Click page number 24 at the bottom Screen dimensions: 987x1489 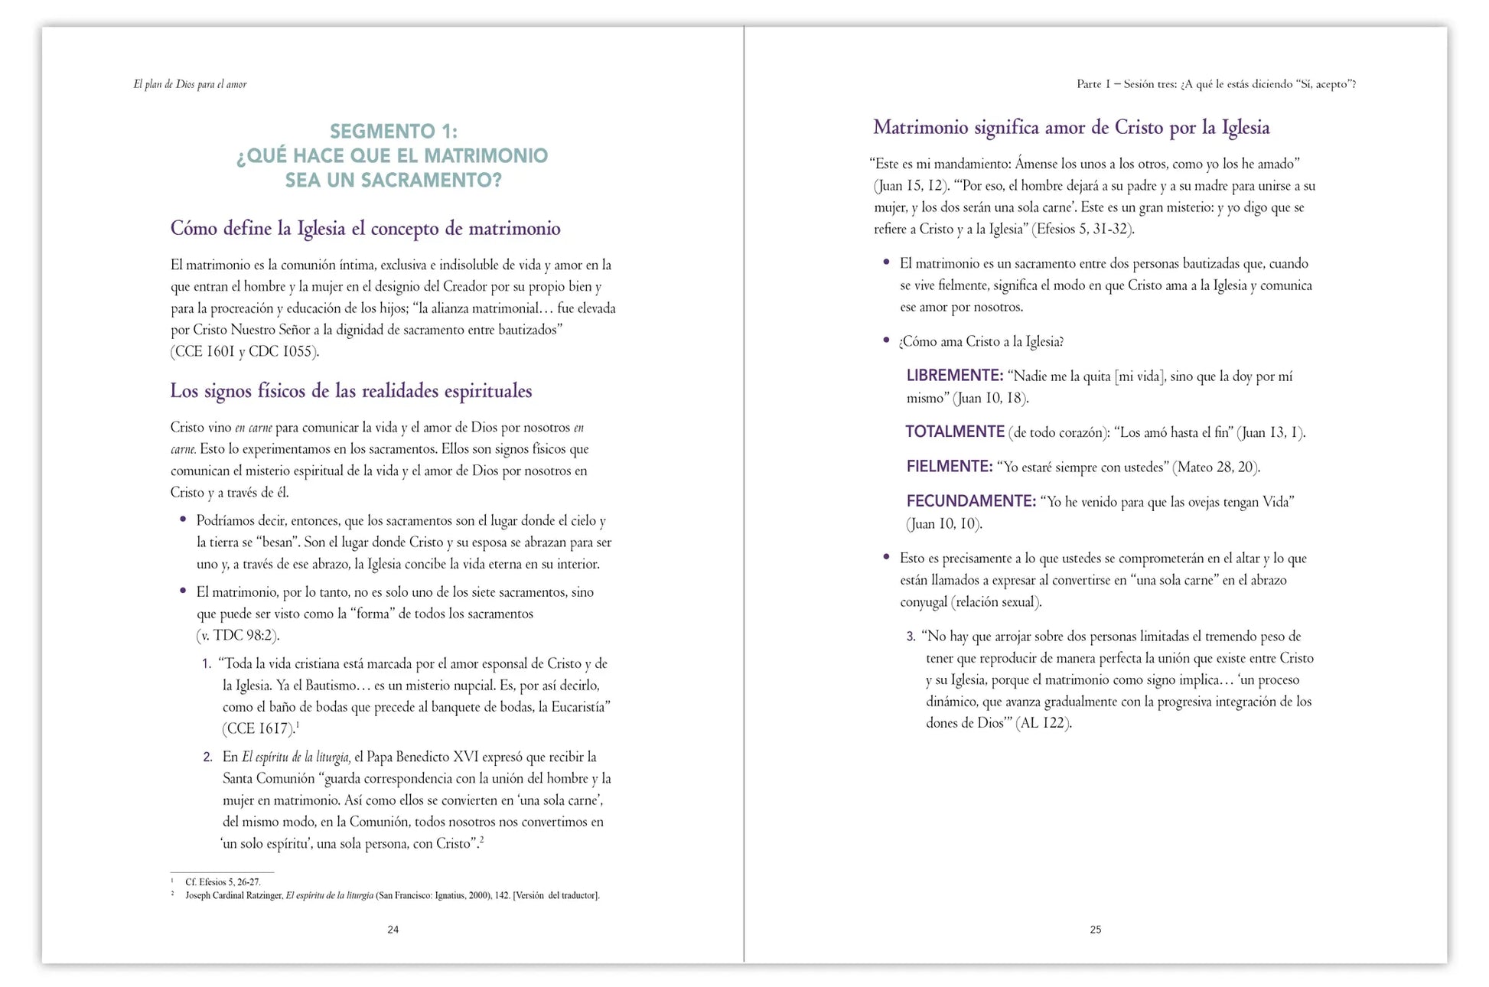click(393, 930)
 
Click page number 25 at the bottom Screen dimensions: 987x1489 click(1095, 930)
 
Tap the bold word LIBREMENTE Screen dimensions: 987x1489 click(954, 376)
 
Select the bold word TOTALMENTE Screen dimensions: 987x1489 click(954, 432)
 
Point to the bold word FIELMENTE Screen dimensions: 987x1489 click(949, 467)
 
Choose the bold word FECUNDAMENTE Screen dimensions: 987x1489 click(970, 502)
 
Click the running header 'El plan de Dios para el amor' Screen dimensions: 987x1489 click(190, 84)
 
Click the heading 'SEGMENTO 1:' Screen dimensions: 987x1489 click(393, 132)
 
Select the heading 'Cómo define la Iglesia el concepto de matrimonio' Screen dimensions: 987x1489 click(365, 229)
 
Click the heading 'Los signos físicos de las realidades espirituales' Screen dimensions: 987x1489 click(350, 391)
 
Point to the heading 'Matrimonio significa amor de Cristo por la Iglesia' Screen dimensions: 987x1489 click(1071, 128)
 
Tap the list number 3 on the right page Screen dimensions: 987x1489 click(911, 637)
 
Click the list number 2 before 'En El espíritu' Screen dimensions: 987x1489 click(207, 757)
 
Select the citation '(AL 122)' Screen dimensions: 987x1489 click(1044, 723)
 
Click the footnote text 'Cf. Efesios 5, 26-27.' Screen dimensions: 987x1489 click(223, 882)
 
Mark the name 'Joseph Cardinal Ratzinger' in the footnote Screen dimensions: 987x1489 click(234, 895)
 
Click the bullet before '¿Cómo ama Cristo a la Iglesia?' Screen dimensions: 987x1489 click(886, 340)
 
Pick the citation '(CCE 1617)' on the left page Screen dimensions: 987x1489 click(258, 729)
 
